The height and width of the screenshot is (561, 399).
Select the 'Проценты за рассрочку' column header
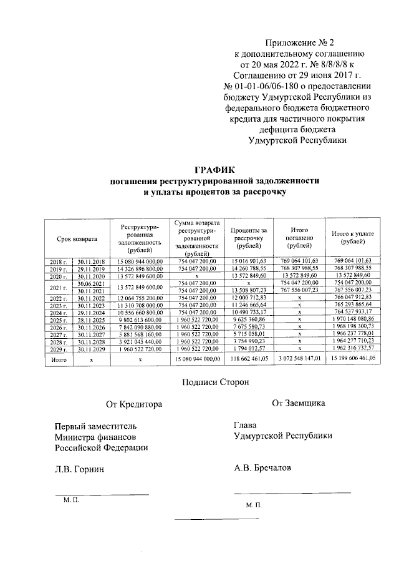249,238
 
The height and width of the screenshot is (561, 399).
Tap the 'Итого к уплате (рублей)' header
353,238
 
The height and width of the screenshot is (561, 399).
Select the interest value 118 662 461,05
249,359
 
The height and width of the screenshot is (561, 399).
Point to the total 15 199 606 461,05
353,359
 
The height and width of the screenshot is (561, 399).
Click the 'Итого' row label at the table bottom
59,359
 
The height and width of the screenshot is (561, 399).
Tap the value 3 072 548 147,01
300,359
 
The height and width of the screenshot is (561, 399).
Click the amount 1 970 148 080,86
353,319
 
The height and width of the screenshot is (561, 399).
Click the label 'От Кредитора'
134,404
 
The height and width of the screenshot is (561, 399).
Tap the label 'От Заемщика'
298,403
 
